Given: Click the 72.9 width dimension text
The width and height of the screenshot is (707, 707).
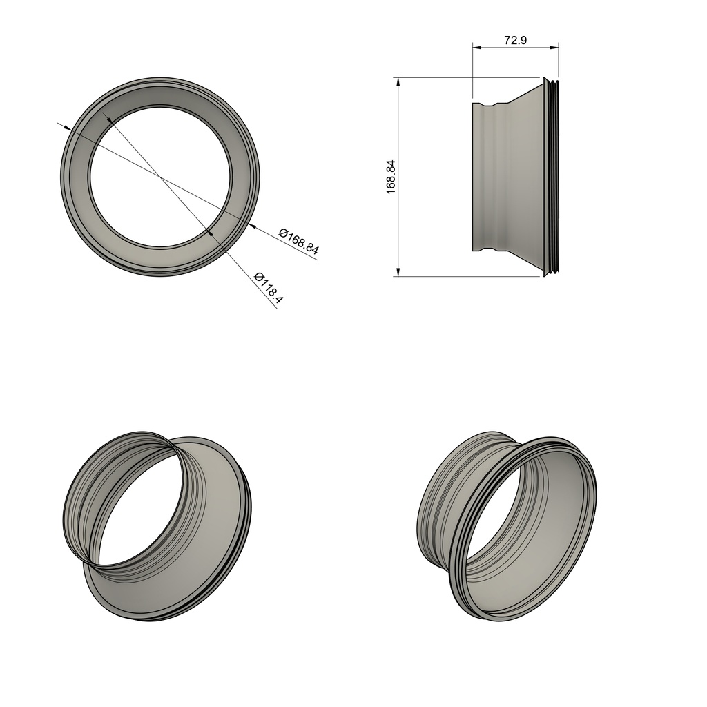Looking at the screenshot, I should click(x=515, y=40).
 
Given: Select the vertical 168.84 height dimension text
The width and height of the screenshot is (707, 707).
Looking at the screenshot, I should click(x=391, y=177).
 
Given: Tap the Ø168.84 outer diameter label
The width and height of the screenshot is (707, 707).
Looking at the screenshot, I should click(x=298, y=240).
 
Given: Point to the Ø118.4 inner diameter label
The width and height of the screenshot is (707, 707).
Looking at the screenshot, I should click(x=269, y=287).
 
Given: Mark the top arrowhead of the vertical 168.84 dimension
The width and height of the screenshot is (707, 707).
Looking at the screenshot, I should click(x=398, y=81).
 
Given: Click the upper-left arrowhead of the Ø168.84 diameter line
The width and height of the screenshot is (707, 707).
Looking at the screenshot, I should click(x=65, y=127).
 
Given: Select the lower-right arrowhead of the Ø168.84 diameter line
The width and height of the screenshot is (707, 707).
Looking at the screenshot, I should click(x=253, y=226).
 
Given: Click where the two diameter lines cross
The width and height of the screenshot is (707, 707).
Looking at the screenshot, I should click(x=161, y=177).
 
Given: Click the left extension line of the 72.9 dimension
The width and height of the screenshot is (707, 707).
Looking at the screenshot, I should click(x=472, y=72).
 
